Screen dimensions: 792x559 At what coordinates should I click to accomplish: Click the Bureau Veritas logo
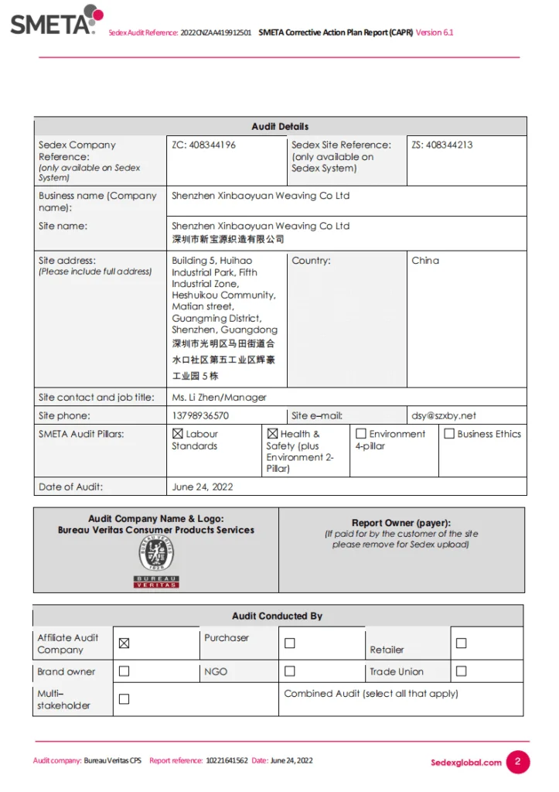tap(157, 562)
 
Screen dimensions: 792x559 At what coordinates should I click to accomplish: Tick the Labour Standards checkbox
tap(177, 434)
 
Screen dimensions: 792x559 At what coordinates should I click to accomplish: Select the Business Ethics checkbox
tap(448, 434)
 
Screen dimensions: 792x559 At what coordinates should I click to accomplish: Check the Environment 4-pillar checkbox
tap(360, 434)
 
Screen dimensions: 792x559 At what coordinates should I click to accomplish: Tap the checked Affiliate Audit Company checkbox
tap(124, 643)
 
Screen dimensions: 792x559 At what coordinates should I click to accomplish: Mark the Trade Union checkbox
tap(461, 671)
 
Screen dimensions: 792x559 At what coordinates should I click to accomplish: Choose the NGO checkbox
tap(290, 671)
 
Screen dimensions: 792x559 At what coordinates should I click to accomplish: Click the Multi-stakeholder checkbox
tap(124, 699)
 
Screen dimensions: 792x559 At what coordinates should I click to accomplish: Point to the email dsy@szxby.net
tap(444, 415)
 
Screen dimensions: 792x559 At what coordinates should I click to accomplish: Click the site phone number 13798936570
tap(200, 415)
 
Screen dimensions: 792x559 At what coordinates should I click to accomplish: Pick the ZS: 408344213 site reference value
tap(441, 145)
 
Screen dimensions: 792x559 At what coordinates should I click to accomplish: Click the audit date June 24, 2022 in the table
tap(203, 486)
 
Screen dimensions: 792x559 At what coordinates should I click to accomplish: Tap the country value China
tap(425, 261)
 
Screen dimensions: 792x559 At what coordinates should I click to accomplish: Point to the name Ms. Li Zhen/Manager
tap(219, 397)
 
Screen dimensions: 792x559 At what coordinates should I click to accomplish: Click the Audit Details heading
tap(280, 126)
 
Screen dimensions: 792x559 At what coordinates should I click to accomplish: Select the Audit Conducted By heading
tap(277, 616)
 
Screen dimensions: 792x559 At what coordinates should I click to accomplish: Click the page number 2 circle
tap(517, 762)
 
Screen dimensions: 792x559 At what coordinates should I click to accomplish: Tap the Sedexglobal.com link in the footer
tap(466, 763)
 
